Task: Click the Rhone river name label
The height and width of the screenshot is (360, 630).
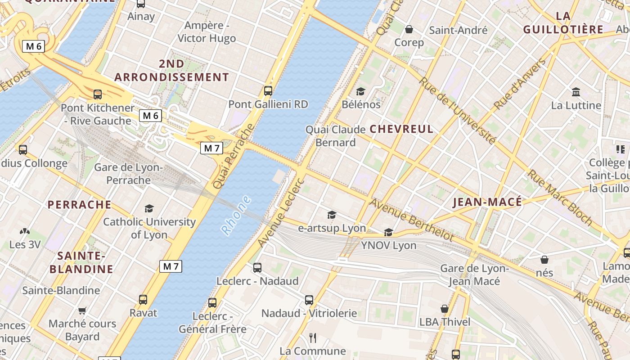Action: point(237,215)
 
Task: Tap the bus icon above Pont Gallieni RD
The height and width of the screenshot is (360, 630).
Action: point(268,91)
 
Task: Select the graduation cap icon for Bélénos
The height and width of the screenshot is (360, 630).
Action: point(361,92)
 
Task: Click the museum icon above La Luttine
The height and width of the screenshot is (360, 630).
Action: point(576,92)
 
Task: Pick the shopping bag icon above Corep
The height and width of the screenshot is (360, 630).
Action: point(409,30)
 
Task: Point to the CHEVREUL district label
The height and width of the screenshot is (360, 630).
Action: point(401,129)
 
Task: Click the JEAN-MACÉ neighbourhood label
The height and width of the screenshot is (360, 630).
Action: point(487,202)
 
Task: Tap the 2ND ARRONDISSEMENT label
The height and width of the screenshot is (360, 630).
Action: point(171,71)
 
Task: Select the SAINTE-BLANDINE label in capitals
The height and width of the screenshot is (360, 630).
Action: point(81,263)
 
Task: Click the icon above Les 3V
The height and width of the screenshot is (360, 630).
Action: point(25,232)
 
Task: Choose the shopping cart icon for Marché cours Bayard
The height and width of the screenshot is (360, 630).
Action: point(82,310)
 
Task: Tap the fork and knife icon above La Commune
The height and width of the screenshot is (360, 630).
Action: point(313,337)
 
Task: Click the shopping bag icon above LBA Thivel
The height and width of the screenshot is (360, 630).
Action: point(445,309)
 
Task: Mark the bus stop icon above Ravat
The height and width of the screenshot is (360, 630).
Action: point(143,299)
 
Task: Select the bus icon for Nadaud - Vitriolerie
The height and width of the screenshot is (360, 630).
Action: point(309,300)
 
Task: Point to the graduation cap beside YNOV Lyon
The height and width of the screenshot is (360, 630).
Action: point(388,232)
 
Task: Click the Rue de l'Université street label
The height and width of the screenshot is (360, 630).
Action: point(458,111)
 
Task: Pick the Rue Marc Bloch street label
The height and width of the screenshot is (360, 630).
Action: point(560,197)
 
